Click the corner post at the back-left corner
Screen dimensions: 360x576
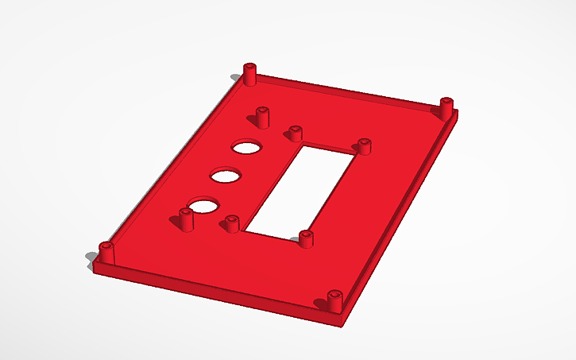pos(251,74)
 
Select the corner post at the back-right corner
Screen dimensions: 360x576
pos(446,107)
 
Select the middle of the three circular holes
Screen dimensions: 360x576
pos(226,175)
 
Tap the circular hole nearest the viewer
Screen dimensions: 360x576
pos(204,207)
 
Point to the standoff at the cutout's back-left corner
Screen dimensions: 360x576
pos(296,133)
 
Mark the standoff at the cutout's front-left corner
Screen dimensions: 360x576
pos(233,223)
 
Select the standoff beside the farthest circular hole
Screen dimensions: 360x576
pos(261,117)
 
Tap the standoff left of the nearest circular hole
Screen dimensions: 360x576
pos(187,219)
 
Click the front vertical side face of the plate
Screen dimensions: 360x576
pos(215,289)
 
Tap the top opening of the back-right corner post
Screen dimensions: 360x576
pos(446,101)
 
